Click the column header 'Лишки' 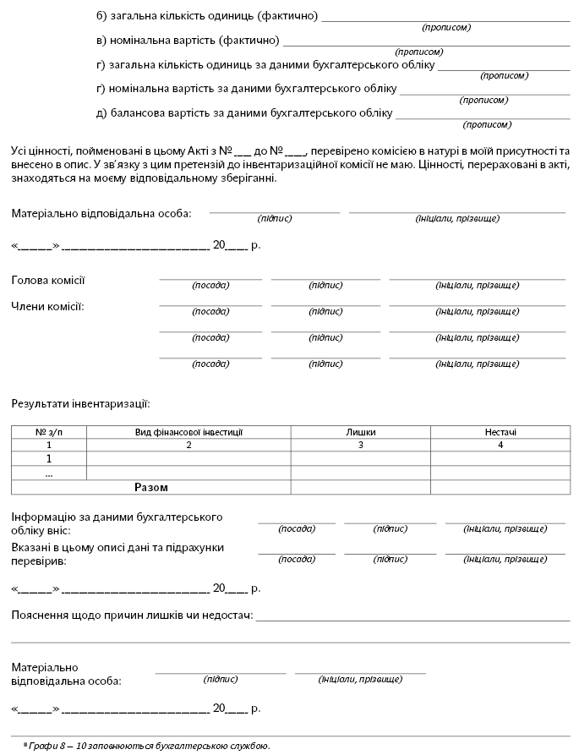(361, 432)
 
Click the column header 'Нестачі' (500, 432)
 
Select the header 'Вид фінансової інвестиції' (188, 432)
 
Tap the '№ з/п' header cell (49, 432)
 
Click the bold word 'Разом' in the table (151, 488)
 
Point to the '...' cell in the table (49, 473)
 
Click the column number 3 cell (361, 445)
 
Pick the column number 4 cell (500, 445)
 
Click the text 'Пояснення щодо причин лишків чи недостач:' (132, 614)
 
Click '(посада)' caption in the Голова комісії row (210, 286)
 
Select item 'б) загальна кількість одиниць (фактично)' (207, 17)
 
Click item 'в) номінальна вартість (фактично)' (188, 41)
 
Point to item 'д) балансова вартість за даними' (245, 112)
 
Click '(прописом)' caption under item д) (487, 124)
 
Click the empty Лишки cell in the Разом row (361, 488)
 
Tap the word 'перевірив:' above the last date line (41, 560)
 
